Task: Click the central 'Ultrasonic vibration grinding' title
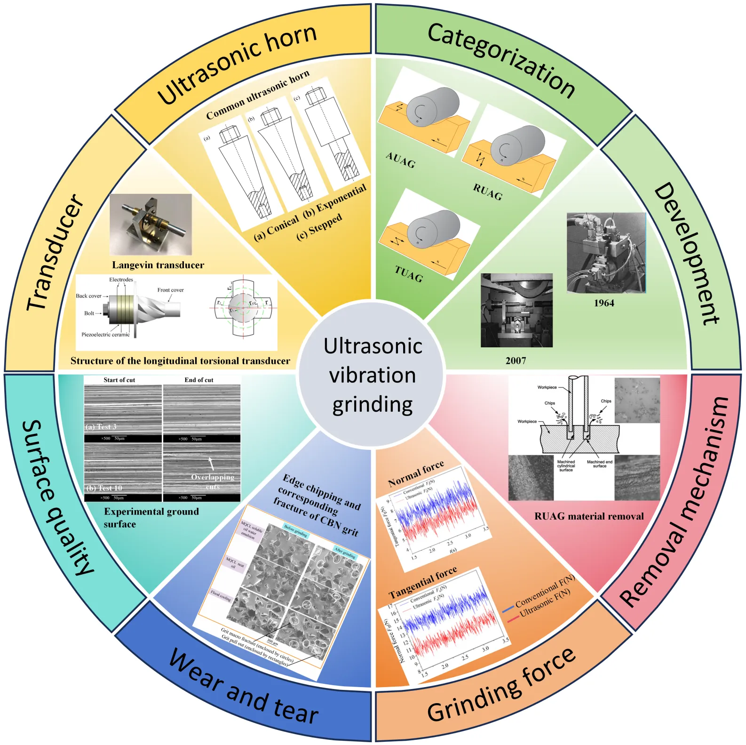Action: [x=373, y=375]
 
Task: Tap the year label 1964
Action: [x=603, y=303]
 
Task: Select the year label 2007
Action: [x=516, y=360]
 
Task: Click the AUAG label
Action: [x=401, y=160]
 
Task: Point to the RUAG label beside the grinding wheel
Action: [x=488, y=192]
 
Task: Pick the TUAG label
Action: [x=409, y=273]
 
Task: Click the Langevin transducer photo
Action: [x=151, y=224]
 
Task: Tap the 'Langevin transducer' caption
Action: [x=158, y=265]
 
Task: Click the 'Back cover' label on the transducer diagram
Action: [x=88, y=296]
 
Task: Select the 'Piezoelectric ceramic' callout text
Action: [x=105, y=335]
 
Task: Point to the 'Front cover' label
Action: [x=170, y=290]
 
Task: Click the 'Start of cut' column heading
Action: [x=119, y=380]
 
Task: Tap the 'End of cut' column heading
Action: [x=198, y=380]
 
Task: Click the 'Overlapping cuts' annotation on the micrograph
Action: [x=213, y=481]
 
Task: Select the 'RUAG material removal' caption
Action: [x=589, y=516]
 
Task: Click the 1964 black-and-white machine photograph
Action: [x=606, y=252]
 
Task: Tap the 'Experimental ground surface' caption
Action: [x=151, y=517]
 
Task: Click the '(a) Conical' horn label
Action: [x=276, y=227]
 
